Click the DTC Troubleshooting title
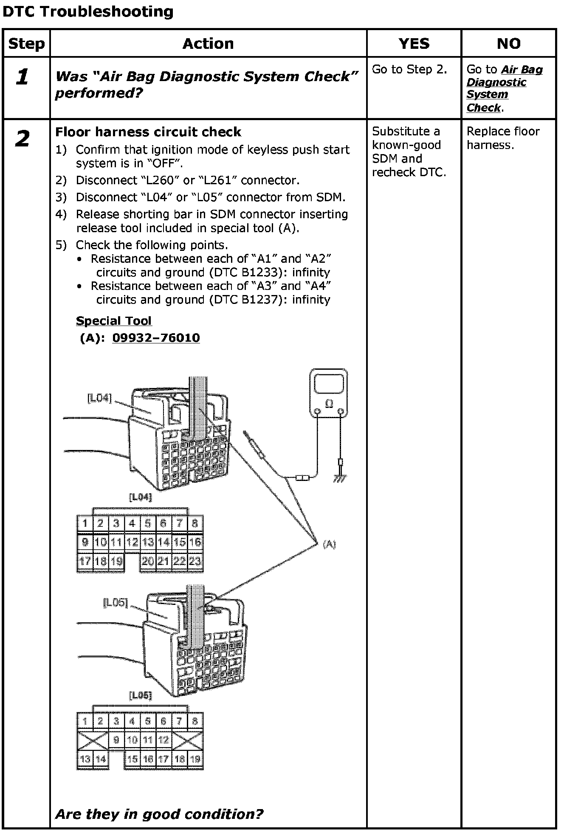click(x=88, y=11)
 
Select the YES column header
click(x=414, y=43)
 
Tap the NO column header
click(x=508, y=43)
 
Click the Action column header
click(x=208, y=43)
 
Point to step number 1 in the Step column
click(x=23, y=77)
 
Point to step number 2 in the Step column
click(x=23, y=139)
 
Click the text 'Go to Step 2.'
click(x=409, y=70)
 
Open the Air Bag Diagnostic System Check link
click(x=504, y=88)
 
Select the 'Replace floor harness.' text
click(x=503, y=138)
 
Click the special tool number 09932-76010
click(x=156, y=338)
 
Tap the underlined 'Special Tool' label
click(x=113, y=321)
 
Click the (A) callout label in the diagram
click(x=329, y=544)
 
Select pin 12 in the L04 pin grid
click(x=132, y=542)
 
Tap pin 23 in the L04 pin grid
click(x=195, y=561)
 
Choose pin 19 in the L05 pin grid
click(x=195, y=759)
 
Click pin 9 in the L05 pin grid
click(x=116, y=740)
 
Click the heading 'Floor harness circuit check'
click(x=148, y=132)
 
